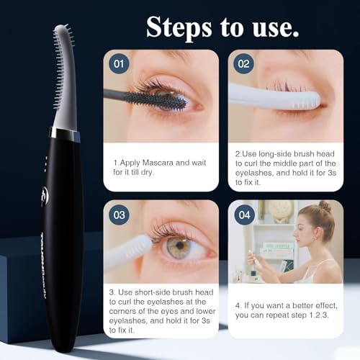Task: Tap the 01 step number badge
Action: pyautogui.click(x=119, y=63)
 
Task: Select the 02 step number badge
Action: pyautogui.click(x=243, y=63)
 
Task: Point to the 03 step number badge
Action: pyautogui.click(x=119, y=214)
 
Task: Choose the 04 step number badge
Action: pyautogui.click(x=243, y=214)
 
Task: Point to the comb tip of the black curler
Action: pyautogui.click(x=63, y=43)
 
